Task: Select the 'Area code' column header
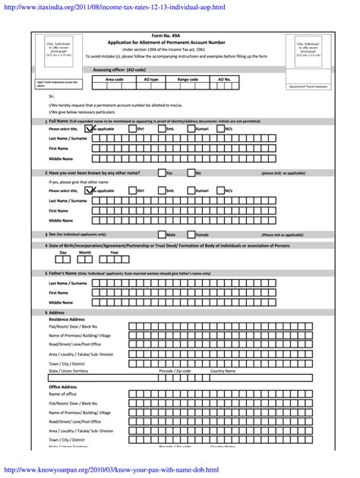pos(114,79)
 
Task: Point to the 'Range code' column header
pos(188,79)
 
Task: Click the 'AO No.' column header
pos(224,79)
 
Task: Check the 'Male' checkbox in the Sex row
pos(162,234)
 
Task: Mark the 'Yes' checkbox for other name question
pos(162,173)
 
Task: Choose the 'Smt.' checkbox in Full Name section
pos(162,129)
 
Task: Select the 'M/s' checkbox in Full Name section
pos(221,129)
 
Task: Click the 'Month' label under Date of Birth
pos(85,252)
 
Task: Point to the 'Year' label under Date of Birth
pos(115,252)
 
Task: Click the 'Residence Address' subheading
pos(67,319)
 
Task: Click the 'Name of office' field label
pos(62,395)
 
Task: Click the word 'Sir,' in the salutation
pos(52,97)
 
